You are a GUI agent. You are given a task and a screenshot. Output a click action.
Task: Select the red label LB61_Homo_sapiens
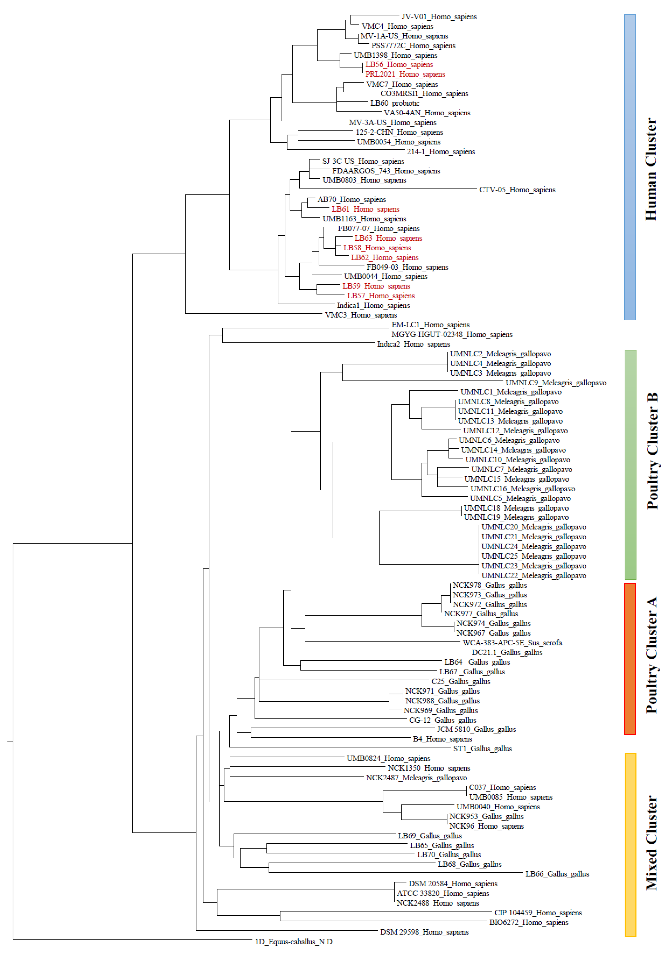coord(365,209)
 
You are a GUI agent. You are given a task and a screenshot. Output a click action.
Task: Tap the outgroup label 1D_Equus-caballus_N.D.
coord(294,942)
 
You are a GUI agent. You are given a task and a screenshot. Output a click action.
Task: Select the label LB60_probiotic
coord(395,103)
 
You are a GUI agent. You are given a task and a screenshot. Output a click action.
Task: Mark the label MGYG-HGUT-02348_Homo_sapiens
coord(452,335)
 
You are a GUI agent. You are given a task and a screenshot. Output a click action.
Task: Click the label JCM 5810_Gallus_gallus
coord(476,729)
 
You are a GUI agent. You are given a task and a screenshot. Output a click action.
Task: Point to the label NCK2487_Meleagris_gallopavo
coord(416,778)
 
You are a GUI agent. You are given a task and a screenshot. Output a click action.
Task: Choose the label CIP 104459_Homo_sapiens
coord(538,913)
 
